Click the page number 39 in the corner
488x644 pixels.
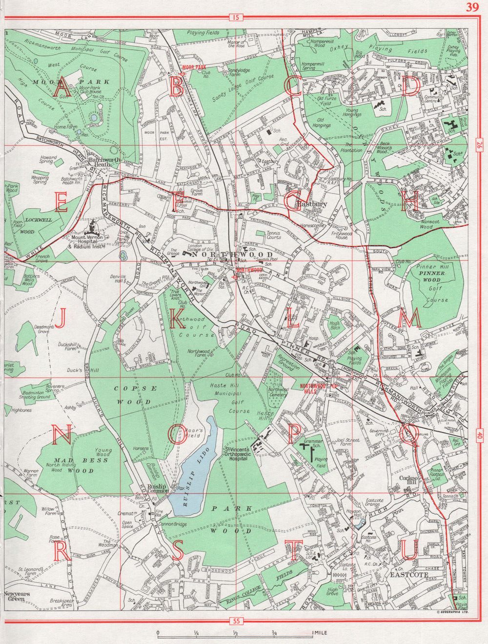pos(471,7)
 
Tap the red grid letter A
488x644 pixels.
pos(61,89)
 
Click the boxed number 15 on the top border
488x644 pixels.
pos(235,18)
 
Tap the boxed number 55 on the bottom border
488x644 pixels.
pos(235,621)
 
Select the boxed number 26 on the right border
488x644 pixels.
pos(479,144)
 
